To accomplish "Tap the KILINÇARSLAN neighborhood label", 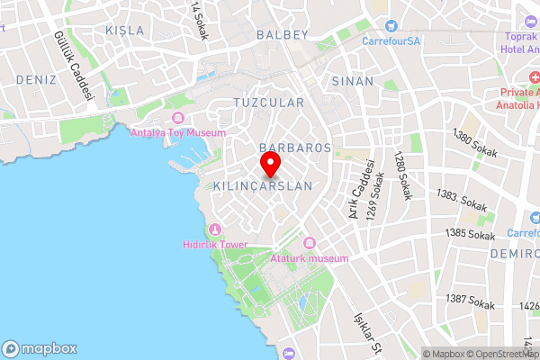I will (263, 186).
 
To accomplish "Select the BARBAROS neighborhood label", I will (295, 147).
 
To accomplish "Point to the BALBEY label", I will (283, 34).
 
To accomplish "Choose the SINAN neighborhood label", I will (353, 81).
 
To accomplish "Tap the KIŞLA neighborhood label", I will (125, 30).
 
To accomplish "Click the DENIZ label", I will (36, 80).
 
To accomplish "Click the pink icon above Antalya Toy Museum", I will (177, 119).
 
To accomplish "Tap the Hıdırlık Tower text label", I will (215, 244).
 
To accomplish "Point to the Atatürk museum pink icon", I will (310, 243).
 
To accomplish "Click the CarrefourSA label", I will (391, 40).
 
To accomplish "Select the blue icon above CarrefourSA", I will (391, 25).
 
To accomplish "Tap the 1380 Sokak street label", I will (476, 147).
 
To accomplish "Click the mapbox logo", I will (40, 348).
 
